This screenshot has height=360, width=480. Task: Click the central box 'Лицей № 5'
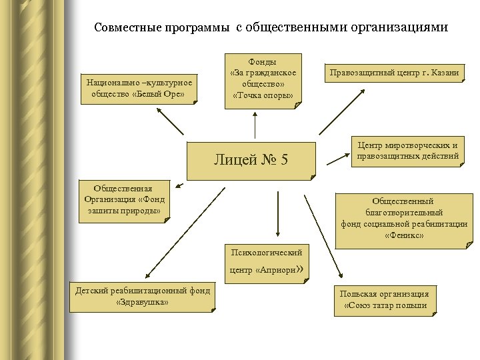tap(251, 160)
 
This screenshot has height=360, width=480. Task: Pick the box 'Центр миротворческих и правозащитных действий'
tap(408, 151)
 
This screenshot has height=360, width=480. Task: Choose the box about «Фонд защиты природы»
tap(125, 200)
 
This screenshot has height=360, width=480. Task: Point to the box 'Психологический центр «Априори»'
tap(266, 261)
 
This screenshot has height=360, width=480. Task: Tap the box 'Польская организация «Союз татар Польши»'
tap(385, 299)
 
